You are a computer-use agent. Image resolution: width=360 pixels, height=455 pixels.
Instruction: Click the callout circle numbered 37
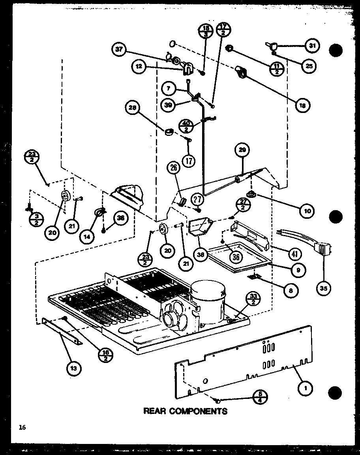click(x=119, y=49)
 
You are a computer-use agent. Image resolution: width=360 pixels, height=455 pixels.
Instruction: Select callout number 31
click(x=312, y=46)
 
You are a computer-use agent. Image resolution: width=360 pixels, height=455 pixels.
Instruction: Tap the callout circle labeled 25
click(x=309, y=66)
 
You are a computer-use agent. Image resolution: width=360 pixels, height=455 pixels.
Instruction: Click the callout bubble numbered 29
click(x=242, y=150)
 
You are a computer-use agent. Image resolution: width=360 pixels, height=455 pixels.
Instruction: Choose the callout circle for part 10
click(x=307, y=211)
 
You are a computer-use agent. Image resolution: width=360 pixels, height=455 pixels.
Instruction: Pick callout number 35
click(x=324, y=288)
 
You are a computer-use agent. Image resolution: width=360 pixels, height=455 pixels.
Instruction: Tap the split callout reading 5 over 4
click(x=261, y=396)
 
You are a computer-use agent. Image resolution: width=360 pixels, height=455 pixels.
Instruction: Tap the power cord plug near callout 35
click(x=322, y=250)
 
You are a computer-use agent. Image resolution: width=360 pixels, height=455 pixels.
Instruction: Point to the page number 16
click(x=21, y=427)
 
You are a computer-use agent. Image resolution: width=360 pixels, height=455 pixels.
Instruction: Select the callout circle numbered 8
click(x=291, y=291)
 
